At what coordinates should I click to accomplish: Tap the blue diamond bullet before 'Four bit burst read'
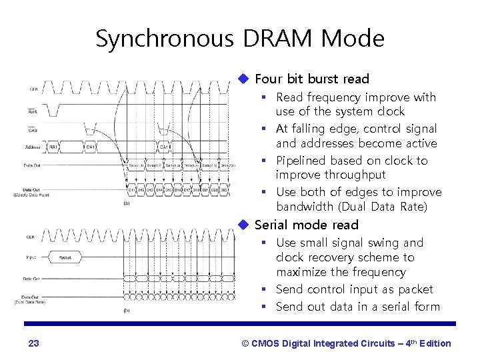245,79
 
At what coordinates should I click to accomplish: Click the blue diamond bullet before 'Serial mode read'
245,225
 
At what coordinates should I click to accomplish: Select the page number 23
34,343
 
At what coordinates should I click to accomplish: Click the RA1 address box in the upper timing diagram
53,147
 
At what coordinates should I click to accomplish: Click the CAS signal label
33,130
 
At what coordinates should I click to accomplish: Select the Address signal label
31,147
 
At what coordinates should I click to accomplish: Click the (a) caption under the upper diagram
126,203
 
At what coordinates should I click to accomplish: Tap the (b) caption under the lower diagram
127,311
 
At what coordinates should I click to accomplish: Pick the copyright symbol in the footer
245,343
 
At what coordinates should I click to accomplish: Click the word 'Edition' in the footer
434,343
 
